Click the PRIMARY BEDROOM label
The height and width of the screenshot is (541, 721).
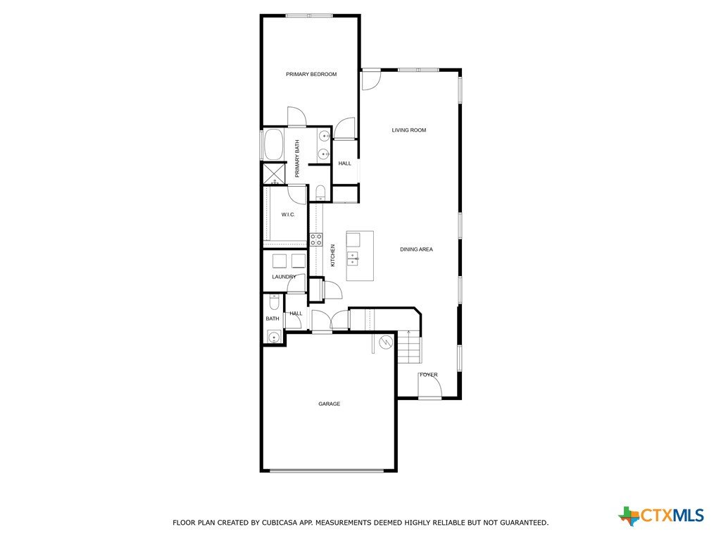pyautogui.click(x=311, y=74)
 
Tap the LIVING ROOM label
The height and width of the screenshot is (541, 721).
pyautogui.click(x=409, y=130)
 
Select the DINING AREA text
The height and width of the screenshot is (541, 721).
pyautogui.click(x=416, y=249)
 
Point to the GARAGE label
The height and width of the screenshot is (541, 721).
pyautogui.click(x=330, y=404)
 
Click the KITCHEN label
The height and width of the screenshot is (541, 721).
pyautogui.click(x=332, y=255)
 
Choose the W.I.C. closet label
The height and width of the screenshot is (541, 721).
pyautogui.click(x=288, y=215)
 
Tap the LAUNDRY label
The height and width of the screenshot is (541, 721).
pyautogui.click(x=284, y=277)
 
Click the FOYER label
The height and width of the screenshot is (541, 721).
pyautogui.click(x=429, y=375)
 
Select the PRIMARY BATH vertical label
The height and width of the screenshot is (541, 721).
pyautogui.click(x=297, y=158)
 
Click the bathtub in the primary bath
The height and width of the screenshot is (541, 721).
pyautogui.click(x=274, y=145)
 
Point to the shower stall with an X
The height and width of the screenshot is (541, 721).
pyautogui.click(x=274, y=174)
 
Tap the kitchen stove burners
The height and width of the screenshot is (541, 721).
pyautogui.click(x=316, y=240)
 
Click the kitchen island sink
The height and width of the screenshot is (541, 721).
pyautogui.click(x=353, y=259)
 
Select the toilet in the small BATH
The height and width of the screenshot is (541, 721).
pyautogui.click(x=274, y=303)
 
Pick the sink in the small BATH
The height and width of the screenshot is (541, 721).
pyautogui.click(x=274, y=337)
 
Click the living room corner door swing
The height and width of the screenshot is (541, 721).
pyautogui.click(x=370, y=79)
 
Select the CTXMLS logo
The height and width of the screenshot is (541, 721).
pyautogui.click(x=661, y=516)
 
